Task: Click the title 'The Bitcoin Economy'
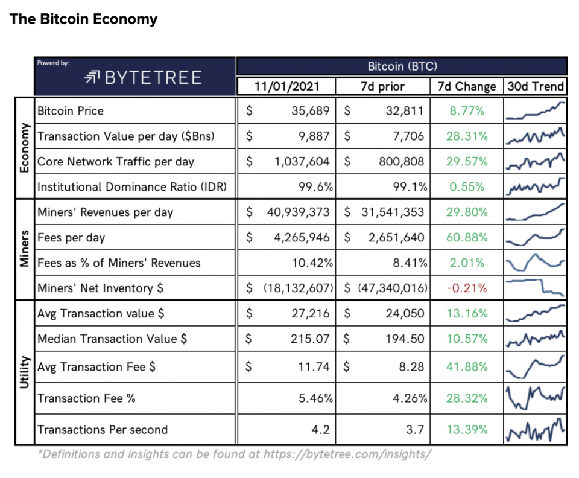[x=84, y=19]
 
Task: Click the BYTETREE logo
[x=143, y=77]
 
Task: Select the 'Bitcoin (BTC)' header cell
[x=402, y=66]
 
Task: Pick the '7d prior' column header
[x=383, y=86]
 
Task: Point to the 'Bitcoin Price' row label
[x=71, y=111]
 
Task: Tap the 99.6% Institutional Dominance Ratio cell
[x=317, y=187]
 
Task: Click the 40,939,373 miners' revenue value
[x=298, y=212]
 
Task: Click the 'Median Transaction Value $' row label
[x=112, y=339]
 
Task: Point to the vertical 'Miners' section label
[x=25, y=249]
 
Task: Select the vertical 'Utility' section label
[x=25, y=372]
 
